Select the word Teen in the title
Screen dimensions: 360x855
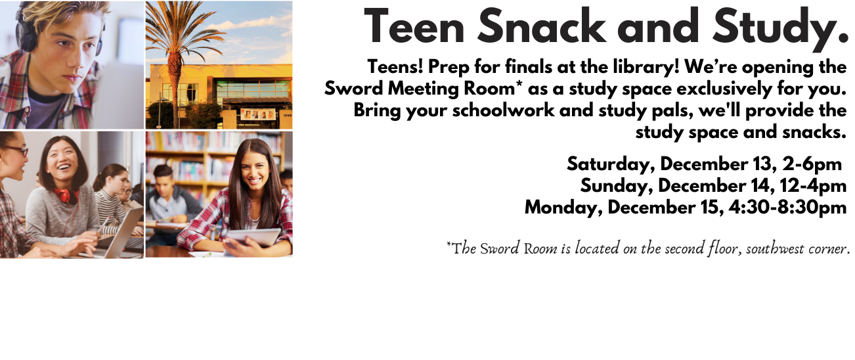(415, 28)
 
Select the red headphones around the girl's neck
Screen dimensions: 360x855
(65, 195)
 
